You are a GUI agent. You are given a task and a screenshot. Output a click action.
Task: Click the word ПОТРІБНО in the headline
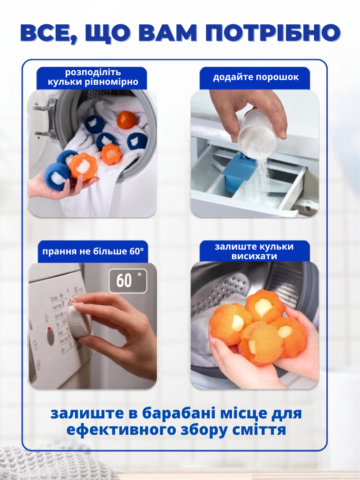pos(272,33)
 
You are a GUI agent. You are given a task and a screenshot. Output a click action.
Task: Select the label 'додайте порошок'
pos(256,77)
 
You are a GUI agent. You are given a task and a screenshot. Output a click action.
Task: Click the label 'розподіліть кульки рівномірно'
pos(93,77)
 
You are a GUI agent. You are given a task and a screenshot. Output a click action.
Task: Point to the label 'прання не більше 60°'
pos(93,251)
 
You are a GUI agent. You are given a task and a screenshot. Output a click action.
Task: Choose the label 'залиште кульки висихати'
pos(254,251)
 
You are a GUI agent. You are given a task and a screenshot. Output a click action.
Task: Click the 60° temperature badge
pos(128,281)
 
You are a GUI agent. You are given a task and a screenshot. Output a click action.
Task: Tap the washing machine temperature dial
pos(79,320)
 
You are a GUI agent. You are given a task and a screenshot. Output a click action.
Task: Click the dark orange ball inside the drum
pos(126,120)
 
